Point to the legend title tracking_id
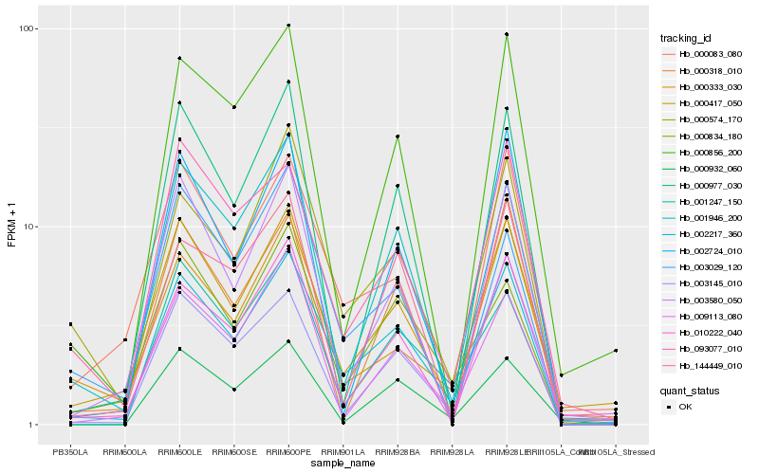pyautogui.click(x=685, y=38)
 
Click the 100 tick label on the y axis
pyautogui.click(x=28, y=28)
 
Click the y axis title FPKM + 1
pyautogui.click(x=11, y=227)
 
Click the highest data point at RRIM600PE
pyautogui.click(x=288, y=26)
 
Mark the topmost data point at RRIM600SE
pyautogui.click(x=234, y=107)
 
